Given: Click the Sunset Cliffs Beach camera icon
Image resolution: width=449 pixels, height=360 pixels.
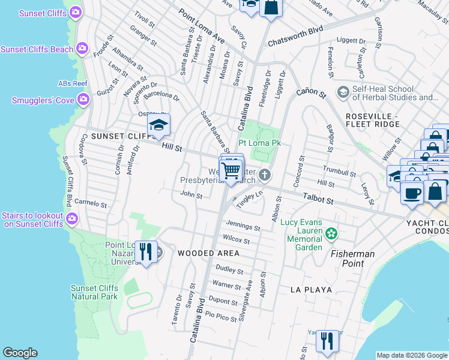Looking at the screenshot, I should [x=82, y=49].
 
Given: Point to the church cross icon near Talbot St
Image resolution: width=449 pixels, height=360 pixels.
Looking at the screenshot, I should [x=265, y=175].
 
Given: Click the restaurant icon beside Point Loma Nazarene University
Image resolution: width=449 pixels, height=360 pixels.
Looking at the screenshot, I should [x=145, y=251].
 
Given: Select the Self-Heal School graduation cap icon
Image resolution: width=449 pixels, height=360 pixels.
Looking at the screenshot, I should [x=343, y=92].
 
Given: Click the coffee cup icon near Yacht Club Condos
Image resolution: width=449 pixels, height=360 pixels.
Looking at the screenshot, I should [x=412, y=194].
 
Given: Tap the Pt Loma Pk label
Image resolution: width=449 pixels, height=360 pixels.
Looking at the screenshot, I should [x=259, y=143].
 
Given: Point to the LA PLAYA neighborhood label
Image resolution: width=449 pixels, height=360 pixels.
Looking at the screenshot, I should [x=311, y=290].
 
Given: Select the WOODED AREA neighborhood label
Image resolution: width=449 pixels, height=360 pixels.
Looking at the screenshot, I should [x=208, y=253].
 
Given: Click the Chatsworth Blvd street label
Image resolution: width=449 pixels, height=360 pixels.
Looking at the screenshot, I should [x=295, y=36].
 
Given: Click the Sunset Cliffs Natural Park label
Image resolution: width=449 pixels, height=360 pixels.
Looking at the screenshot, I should [x=94, y=292].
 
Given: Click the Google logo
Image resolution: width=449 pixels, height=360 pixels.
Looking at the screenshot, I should [x=20, y=353].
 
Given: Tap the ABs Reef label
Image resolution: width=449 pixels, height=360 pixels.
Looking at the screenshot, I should [x=73, y=83].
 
